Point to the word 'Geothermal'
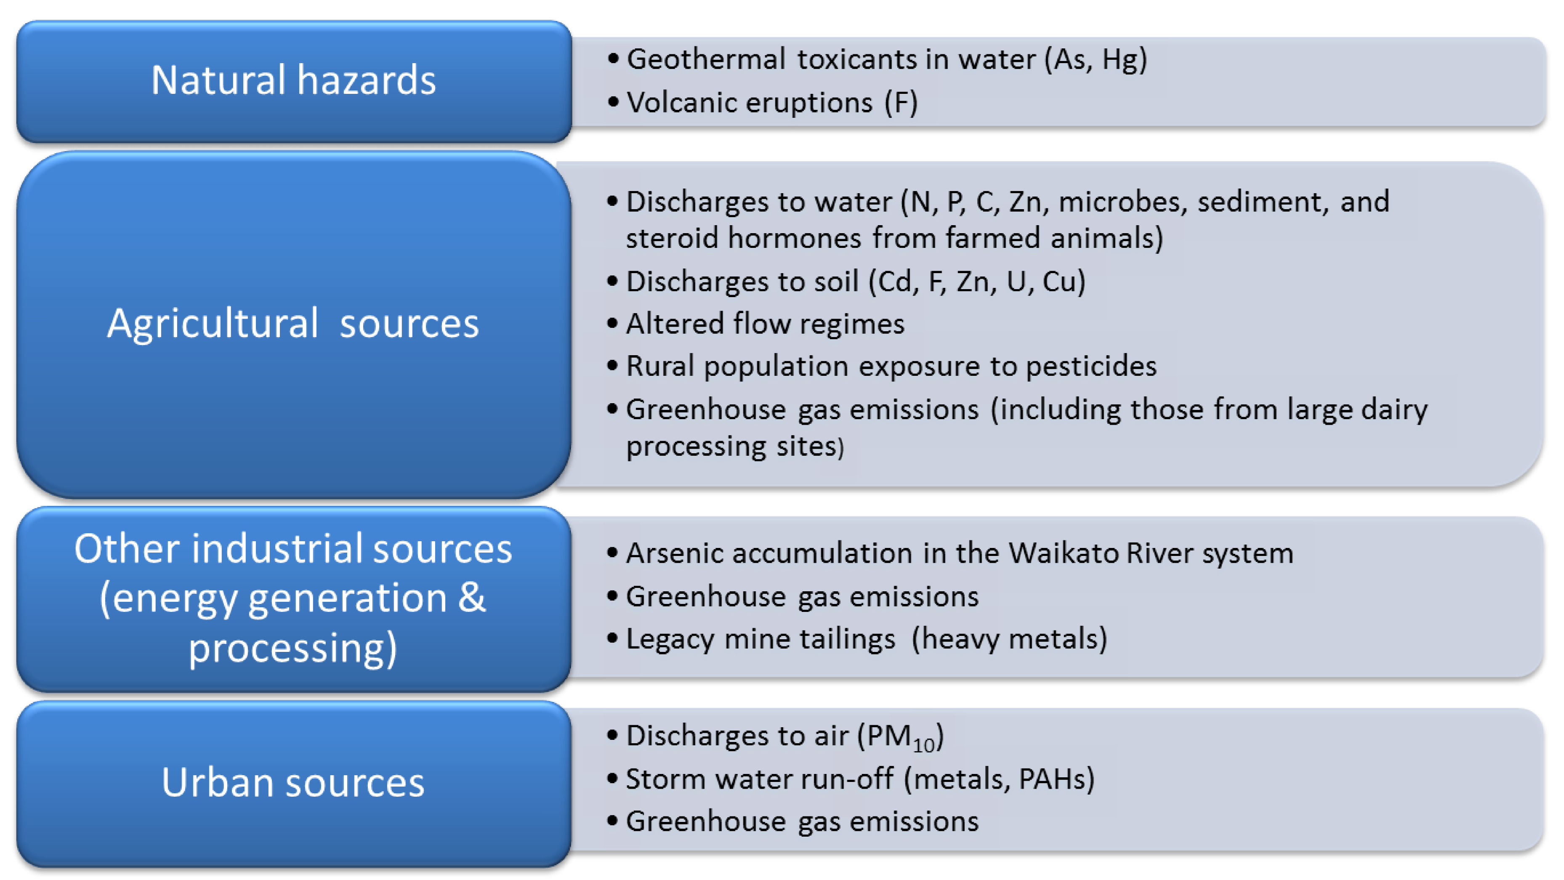(x=706, y=59)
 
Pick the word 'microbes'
(x=1122, y=202)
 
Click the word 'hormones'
(x=794, y=238)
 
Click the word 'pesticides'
(x=1091, y=366)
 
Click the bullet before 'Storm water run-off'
(x=613, y=778)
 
